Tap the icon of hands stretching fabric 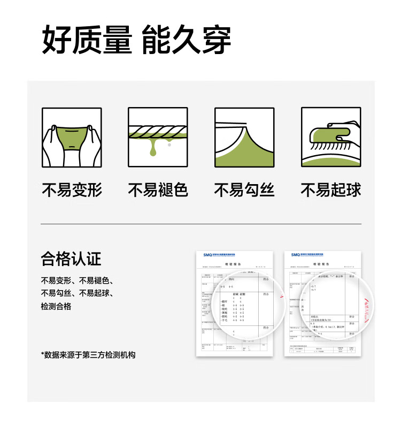tap(72, 138)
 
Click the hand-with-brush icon tap(331, 138)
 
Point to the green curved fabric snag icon tap(244, 138)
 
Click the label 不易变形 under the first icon tap(72, 189)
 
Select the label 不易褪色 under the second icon tap(158, 189)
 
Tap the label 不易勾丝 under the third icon tap(244, 189)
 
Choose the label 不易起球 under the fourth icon tap(331, 189)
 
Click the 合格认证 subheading tap(71, 259)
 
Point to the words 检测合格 tap(56, 307)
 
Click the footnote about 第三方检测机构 tap(89, 354)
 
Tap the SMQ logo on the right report tap(296, 255)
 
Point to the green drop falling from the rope tap(153, 152)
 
